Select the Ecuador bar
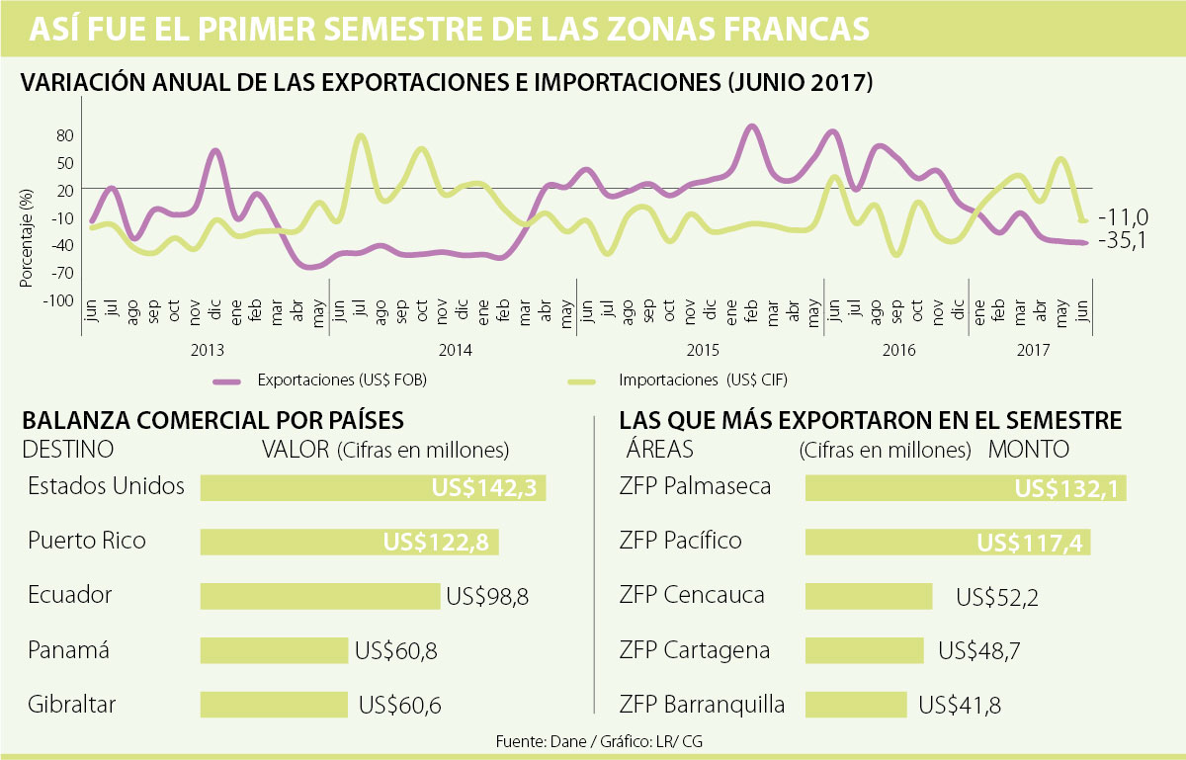coord(319,596)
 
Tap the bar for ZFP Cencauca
coord(869,596)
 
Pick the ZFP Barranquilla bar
coord(856,705)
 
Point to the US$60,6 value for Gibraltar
coord(400,706)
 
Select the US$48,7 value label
coord(979,651)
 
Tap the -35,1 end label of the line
coord(1122,242)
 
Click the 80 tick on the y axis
coord(66,134)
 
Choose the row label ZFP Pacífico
coord(681,542)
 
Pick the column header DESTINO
coord(67,450)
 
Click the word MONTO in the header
coord(1030,450)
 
